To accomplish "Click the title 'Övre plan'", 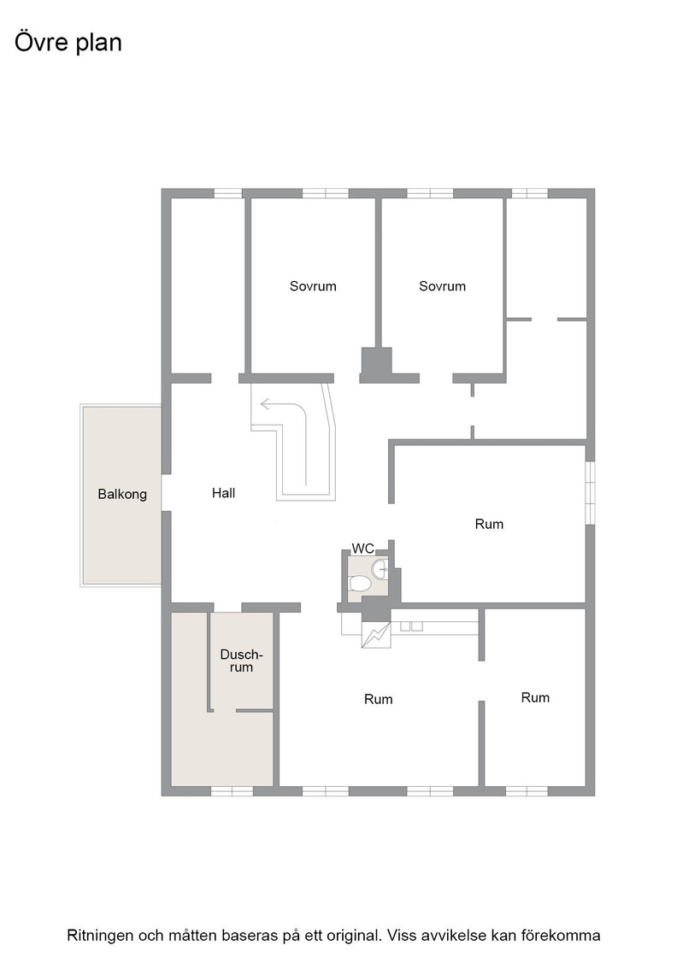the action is click(68, 43).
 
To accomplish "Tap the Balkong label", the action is click(122, 494).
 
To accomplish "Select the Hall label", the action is click(223, 492).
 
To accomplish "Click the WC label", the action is click(362, 548).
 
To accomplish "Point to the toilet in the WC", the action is click(360, 584).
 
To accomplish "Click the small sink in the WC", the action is click(380, 568).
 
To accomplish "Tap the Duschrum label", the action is click(241, 661).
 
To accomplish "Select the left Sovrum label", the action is click(313, 286).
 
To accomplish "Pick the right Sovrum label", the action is click(442, 286).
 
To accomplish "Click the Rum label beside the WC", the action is click(489, 524).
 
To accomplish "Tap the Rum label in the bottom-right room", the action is click(535, 697).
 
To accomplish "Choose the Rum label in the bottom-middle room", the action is click(379, 700).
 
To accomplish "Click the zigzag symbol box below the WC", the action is click(377, 634).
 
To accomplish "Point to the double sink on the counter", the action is click(411, 625).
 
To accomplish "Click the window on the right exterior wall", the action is click(591, 492).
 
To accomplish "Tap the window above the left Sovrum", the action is click(326, 193).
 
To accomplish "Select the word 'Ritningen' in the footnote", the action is click(100, 935).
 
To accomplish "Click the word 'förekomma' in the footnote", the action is click(569, 935).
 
